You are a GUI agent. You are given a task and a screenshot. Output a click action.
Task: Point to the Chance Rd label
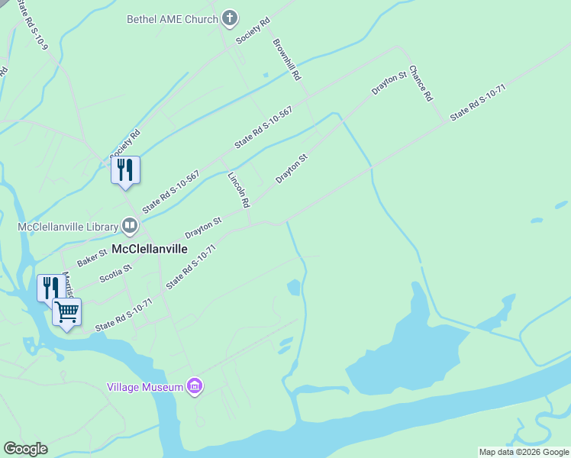[x=421, y=83]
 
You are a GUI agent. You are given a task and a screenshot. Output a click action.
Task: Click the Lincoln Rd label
[x=239, y=189]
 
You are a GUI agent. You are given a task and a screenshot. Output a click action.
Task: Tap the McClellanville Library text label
[x=68, y=226]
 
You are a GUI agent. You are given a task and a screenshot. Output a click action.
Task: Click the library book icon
[x=130, y=226]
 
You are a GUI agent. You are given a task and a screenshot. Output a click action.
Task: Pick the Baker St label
[x=92, y=256]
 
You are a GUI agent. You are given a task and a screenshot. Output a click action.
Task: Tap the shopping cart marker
[x=67, y=311]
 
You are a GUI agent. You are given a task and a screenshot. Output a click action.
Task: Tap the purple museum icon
[x=195, y=387]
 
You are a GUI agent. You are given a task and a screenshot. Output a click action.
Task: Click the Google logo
[x=25, y=449]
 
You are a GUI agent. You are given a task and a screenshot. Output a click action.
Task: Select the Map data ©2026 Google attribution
[x=524, y=452]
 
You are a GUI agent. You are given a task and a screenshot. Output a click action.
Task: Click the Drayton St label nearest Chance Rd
[x=389, y=84]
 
